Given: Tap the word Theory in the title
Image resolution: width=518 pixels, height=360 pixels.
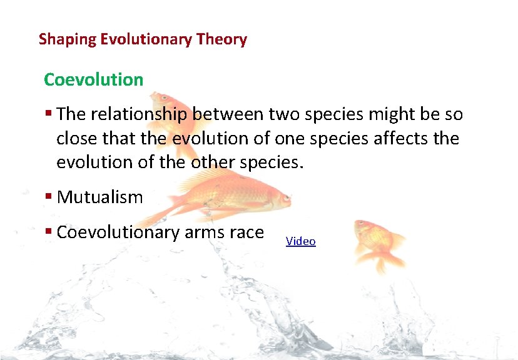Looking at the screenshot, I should (x=221, y=39).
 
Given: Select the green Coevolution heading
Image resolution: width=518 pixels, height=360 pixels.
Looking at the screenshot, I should (x=94, y=80).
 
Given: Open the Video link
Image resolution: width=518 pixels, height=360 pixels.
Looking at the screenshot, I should (x=301, y=241).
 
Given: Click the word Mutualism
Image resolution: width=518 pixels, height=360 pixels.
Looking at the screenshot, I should (x=99, y=197).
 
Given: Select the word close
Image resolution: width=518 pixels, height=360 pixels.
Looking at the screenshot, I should (x=76, y=138).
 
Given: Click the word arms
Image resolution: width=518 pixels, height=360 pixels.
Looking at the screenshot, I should (x=206, y=232).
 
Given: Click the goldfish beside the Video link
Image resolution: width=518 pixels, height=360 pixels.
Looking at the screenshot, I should (x=377, y=240).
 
